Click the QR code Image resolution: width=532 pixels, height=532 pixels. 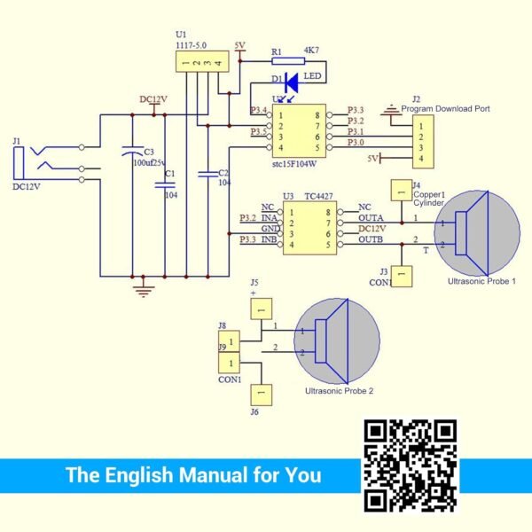click(411, 465)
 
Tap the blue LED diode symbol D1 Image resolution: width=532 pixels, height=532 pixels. click(292, 77)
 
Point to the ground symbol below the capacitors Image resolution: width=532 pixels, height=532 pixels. click(140, 287)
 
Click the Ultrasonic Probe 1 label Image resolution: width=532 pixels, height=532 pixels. click(482, 280)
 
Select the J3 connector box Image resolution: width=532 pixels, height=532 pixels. click(403, 277)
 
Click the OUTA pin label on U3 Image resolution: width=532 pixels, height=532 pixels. click(371, 218)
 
